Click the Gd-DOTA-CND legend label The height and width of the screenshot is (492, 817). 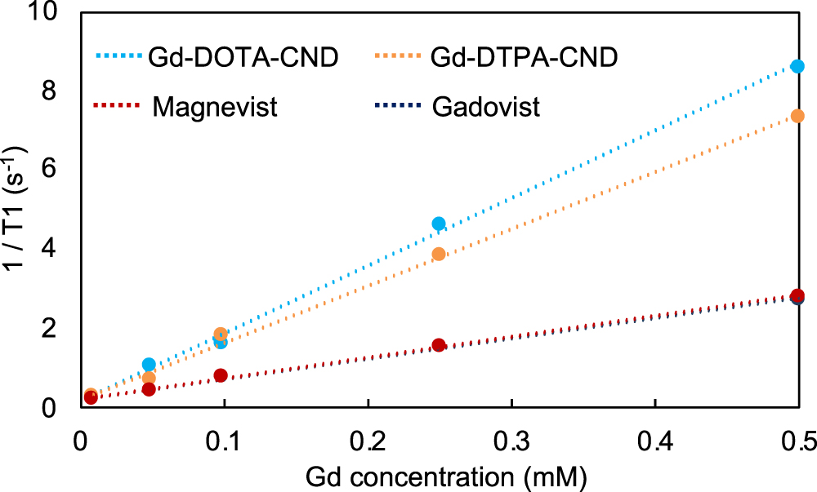pos(243,58)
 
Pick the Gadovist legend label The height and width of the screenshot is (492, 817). pos(488,107)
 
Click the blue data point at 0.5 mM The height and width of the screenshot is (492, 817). pos(797,66)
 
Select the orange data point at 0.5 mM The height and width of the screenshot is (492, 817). pos(797,116)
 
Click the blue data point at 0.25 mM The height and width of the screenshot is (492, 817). pos(439,224)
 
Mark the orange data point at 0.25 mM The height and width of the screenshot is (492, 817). pos(439,254)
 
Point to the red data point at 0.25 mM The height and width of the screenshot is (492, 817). pos(439,345)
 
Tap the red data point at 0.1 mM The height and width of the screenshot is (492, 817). pos(221,375)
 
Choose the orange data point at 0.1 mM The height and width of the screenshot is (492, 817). pos(221,334)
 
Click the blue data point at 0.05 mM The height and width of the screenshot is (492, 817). pos(149,365)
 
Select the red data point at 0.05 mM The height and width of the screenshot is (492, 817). pos(149,389)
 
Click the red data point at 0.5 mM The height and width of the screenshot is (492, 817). pos(797,295)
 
